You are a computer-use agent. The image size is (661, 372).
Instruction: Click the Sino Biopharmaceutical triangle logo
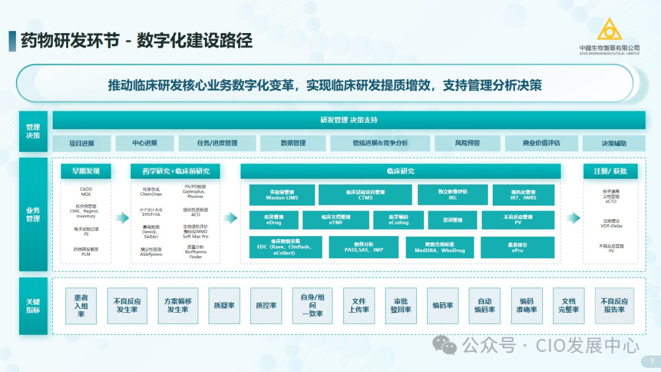[x=609, y=30]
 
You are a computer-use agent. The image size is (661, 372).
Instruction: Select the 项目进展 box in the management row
[x=81, y=143]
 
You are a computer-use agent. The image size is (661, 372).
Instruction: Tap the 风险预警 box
[x=467, y=143]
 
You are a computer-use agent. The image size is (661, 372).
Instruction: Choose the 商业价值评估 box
[x=541, y=143]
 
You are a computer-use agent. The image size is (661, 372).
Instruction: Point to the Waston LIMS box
[x=282, y=195]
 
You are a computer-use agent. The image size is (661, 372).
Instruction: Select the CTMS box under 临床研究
[x=365, y=195]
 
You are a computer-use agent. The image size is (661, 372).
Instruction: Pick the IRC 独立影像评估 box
[x=452, y=195]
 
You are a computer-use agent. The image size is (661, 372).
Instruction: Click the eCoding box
[x=398, y=220]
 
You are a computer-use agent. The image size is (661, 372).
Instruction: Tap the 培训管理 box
[x=453, y=220]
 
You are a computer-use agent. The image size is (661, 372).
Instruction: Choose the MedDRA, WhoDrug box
[x=439, y=247]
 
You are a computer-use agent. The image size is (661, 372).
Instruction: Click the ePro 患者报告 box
[x=518, y=247]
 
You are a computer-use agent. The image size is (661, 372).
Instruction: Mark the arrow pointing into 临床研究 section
[x=231, y=218]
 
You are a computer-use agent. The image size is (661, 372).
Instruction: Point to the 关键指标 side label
[x=33, y=306]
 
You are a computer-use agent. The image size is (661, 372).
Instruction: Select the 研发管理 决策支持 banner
[x=349, y=120]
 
